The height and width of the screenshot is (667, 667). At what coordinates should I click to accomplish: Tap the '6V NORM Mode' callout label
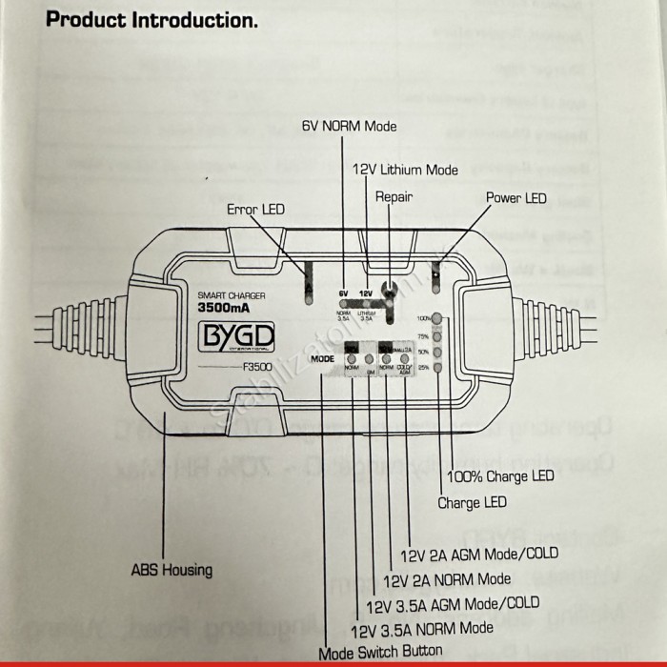tap(349, 126)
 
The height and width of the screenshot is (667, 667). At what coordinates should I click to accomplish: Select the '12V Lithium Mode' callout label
tap(405, 170)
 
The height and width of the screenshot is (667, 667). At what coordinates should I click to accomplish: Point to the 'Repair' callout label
tap(394, 197)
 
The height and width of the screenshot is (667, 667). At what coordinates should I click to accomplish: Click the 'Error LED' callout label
tap(255, 209)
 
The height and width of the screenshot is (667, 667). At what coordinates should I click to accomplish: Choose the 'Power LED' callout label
tap(516, 197)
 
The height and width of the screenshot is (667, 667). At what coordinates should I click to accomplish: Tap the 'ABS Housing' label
tap(172, 571)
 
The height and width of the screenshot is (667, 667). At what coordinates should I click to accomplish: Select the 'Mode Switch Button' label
tap(380, 652)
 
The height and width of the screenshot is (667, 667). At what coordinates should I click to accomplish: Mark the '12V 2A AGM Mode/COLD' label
tap(479, 553)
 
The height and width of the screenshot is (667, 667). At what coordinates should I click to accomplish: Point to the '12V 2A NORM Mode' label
tap(446, 578)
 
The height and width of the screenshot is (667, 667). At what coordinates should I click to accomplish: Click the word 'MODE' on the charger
tap(322, 358)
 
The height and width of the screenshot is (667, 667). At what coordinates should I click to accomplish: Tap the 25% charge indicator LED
tap(437, 368)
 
